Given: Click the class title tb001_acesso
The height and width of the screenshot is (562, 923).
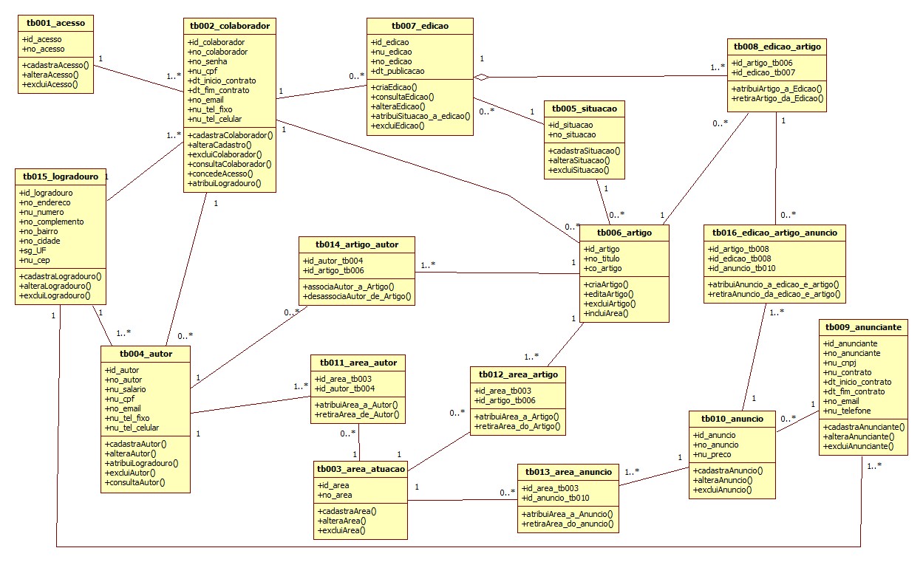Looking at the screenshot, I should [55, 23].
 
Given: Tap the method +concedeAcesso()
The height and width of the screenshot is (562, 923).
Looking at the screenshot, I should [222, 173].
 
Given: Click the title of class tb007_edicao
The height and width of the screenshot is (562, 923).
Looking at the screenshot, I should [420, 26].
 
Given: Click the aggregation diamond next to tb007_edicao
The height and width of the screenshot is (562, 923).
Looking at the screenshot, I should [481, 76].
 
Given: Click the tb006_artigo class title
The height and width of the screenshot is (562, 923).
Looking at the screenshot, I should [624, 233].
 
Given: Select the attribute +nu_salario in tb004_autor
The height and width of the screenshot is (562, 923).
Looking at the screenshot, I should [126, 389].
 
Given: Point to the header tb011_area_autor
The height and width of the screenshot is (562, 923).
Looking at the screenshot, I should [358, 363].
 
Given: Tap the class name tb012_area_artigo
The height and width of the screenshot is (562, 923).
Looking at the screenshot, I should [518, 374].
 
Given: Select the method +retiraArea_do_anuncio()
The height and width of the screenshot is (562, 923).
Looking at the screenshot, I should [568, 524].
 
